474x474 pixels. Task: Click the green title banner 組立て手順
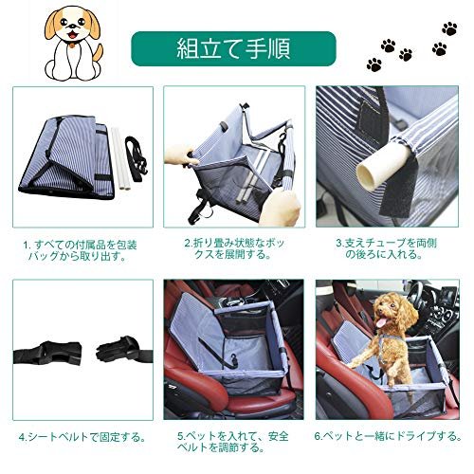tap(233, 48)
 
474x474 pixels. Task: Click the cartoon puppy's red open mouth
tap(74, 34)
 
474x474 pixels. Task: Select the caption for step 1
tap(81, 250)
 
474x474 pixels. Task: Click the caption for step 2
tap(234, 248)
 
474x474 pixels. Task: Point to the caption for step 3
tap(386, 248)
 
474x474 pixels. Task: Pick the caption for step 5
tap(233, 442)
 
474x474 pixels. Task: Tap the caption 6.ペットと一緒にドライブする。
tap(388, 436)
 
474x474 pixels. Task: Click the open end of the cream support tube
tap(369, 173)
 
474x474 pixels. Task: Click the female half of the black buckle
tap(47, 353)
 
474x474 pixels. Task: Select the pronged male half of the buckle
tap(124, 350)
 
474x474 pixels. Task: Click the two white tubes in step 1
tap(120, 158)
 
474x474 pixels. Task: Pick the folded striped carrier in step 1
tap(65, 156)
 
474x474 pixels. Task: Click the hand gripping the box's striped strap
tap(281, 206)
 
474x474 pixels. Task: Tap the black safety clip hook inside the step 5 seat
tap(234, 359)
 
